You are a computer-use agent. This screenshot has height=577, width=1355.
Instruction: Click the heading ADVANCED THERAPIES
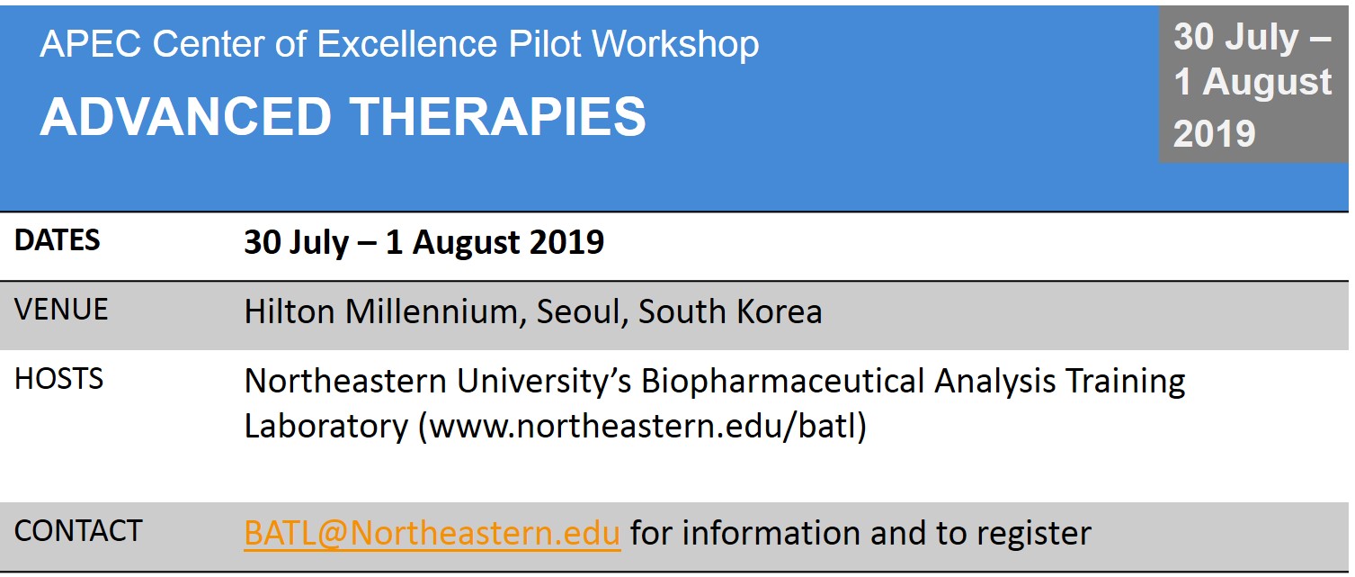tap(343, 116)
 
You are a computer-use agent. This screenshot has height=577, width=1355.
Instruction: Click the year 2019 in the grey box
tap(1214, 133)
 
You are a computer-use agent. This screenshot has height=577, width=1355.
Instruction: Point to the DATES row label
tap(58, 240)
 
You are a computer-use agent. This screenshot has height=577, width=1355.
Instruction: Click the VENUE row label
tap(61, 310)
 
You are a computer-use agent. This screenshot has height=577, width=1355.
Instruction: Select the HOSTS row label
tap(58, 379)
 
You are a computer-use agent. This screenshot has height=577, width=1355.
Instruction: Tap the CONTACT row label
tap(78, 531)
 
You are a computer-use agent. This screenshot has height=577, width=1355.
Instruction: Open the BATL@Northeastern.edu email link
tap(432, 533)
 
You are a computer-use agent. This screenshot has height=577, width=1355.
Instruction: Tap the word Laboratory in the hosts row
tap(325, 426)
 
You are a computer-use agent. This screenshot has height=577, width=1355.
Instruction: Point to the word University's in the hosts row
tap(543, 382)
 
